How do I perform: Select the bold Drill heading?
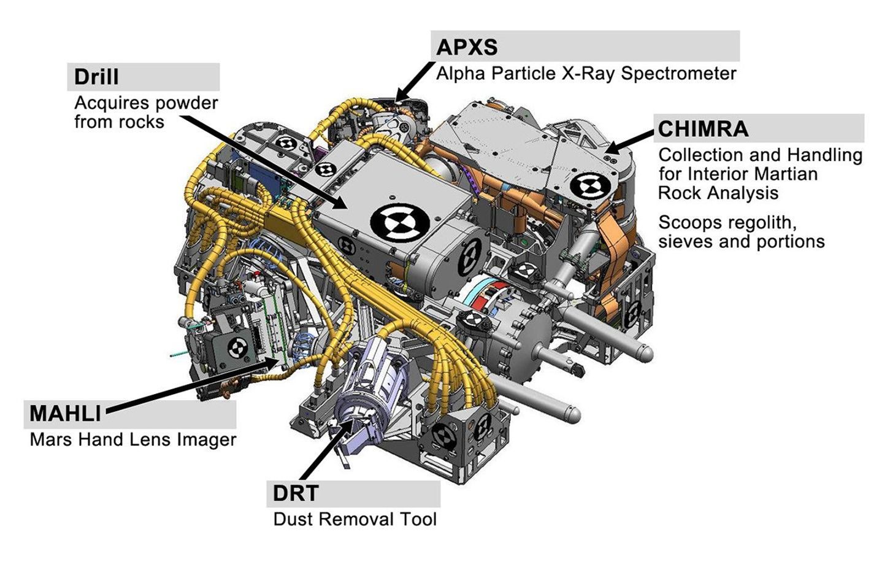pos(96,77)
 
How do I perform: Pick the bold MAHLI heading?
pos(65,413)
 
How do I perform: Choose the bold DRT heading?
pos(296,493)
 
